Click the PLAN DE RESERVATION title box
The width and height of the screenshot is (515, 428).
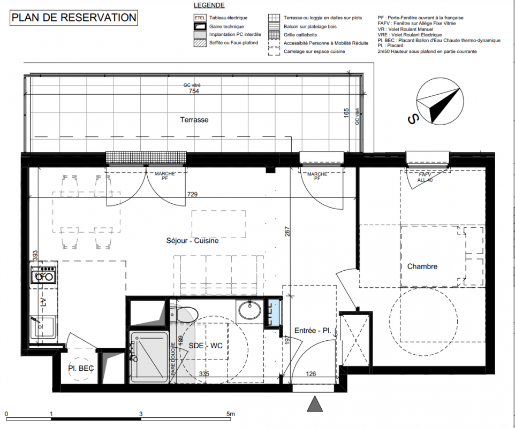click(73, 18)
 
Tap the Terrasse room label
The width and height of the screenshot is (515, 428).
click(194, 120)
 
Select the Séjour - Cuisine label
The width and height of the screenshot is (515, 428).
click(193, 241)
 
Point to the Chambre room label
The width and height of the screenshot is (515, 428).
click(422, 266)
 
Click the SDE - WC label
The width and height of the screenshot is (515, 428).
click(206, 346)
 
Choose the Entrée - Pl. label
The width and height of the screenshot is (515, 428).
click(312, 331)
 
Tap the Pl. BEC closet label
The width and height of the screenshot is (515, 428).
click(81, 368)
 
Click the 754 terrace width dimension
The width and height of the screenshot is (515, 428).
click(194, 91)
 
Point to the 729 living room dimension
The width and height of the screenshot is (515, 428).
click(193, 194)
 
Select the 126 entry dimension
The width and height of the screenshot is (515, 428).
click(310, 373)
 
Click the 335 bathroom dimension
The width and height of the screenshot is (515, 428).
click(204, 373)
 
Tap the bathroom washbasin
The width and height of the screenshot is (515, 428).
click(249, 310)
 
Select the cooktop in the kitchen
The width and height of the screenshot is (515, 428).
click(43, 274)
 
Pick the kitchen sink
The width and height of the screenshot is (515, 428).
click(43, 327)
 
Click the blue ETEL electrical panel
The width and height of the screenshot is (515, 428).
click(272, 313)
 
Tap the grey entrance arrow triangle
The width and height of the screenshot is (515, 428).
click(315, 404)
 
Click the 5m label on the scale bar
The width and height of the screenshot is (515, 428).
click(231, 414)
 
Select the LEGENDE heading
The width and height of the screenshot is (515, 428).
click(209, 5)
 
